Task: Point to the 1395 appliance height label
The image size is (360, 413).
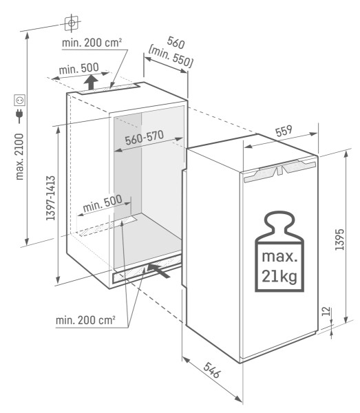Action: (339, 237)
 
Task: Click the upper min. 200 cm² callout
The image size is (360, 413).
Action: (92, 43)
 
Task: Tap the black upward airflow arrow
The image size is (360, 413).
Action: (91, 83)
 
